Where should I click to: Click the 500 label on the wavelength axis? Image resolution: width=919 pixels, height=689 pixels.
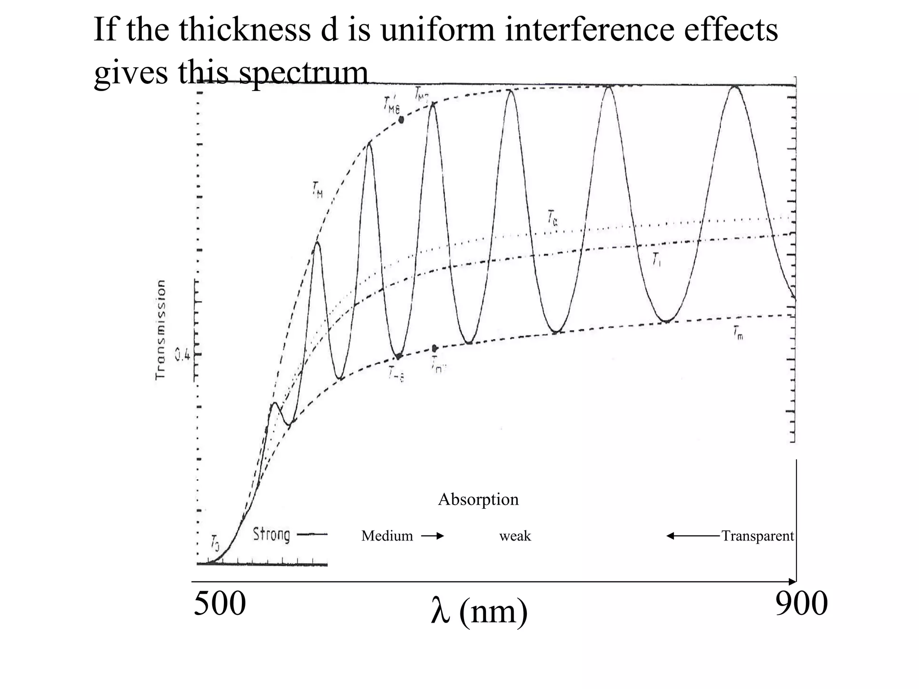click(x=219, y=604)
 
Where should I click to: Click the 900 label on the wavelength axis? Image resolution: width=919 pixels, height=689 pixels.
click(x=801, y=604)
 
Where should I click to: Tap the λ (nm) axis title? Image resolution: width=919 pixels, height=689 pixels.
click(x=479, y=611)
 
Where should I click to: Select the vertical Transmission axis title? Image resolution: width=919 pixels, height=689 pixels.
click(x=160, y=330)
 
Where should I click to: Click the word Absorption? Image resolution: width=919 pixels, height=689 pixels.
click(x=478, y=499)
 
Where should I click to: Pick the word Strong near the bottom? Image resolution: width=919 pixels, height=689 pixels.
click(x=271, y=535)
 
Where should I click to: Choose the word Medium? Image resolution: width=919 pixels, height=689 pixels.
click(x=387, y=536)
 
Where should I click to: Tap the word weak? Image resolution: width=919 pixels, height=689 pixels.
click(x=515, y=536)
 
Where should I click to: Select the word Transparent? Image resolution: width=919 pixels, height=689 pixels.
click(x=757, y=536)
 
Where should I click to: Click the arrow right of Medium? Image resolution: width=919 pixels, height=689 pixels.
click(x=432, y=536)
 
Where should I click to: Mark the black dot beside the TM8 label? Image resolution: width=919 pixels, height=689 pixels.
click(x=401, y=120)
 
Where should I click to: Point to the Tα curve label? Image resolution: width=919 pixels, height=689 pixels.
click(x=552, y=218)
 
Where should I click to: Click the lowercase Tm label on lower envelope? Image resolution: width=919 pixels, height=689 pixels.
click(x=738, y=333)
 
